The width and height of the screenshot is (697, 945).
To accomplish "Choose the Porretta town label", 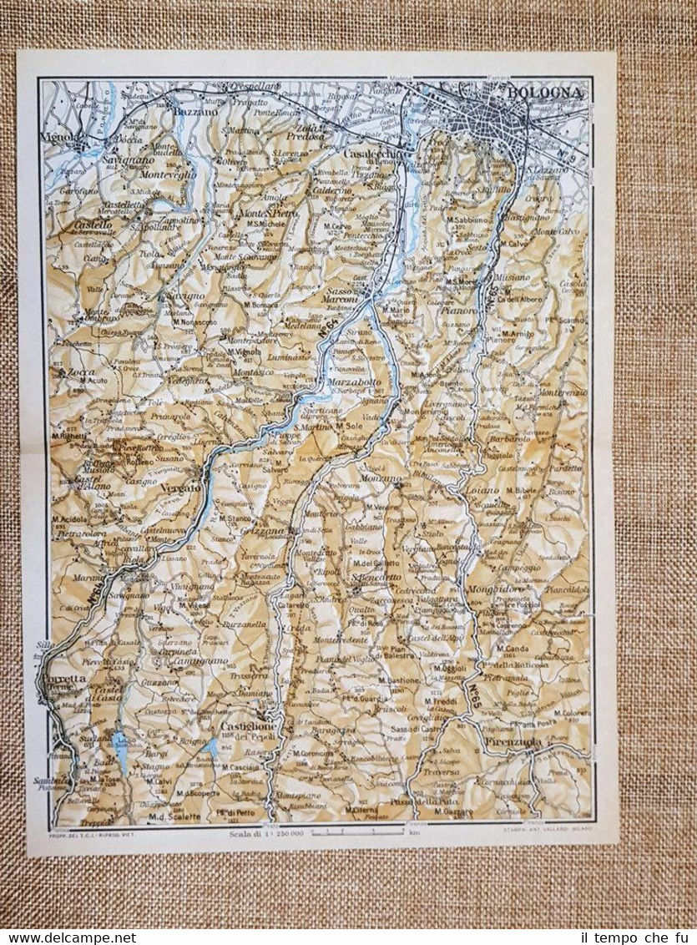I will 62,679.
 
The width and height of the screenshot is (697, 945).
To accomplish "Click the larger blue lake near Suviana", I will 123,751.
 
